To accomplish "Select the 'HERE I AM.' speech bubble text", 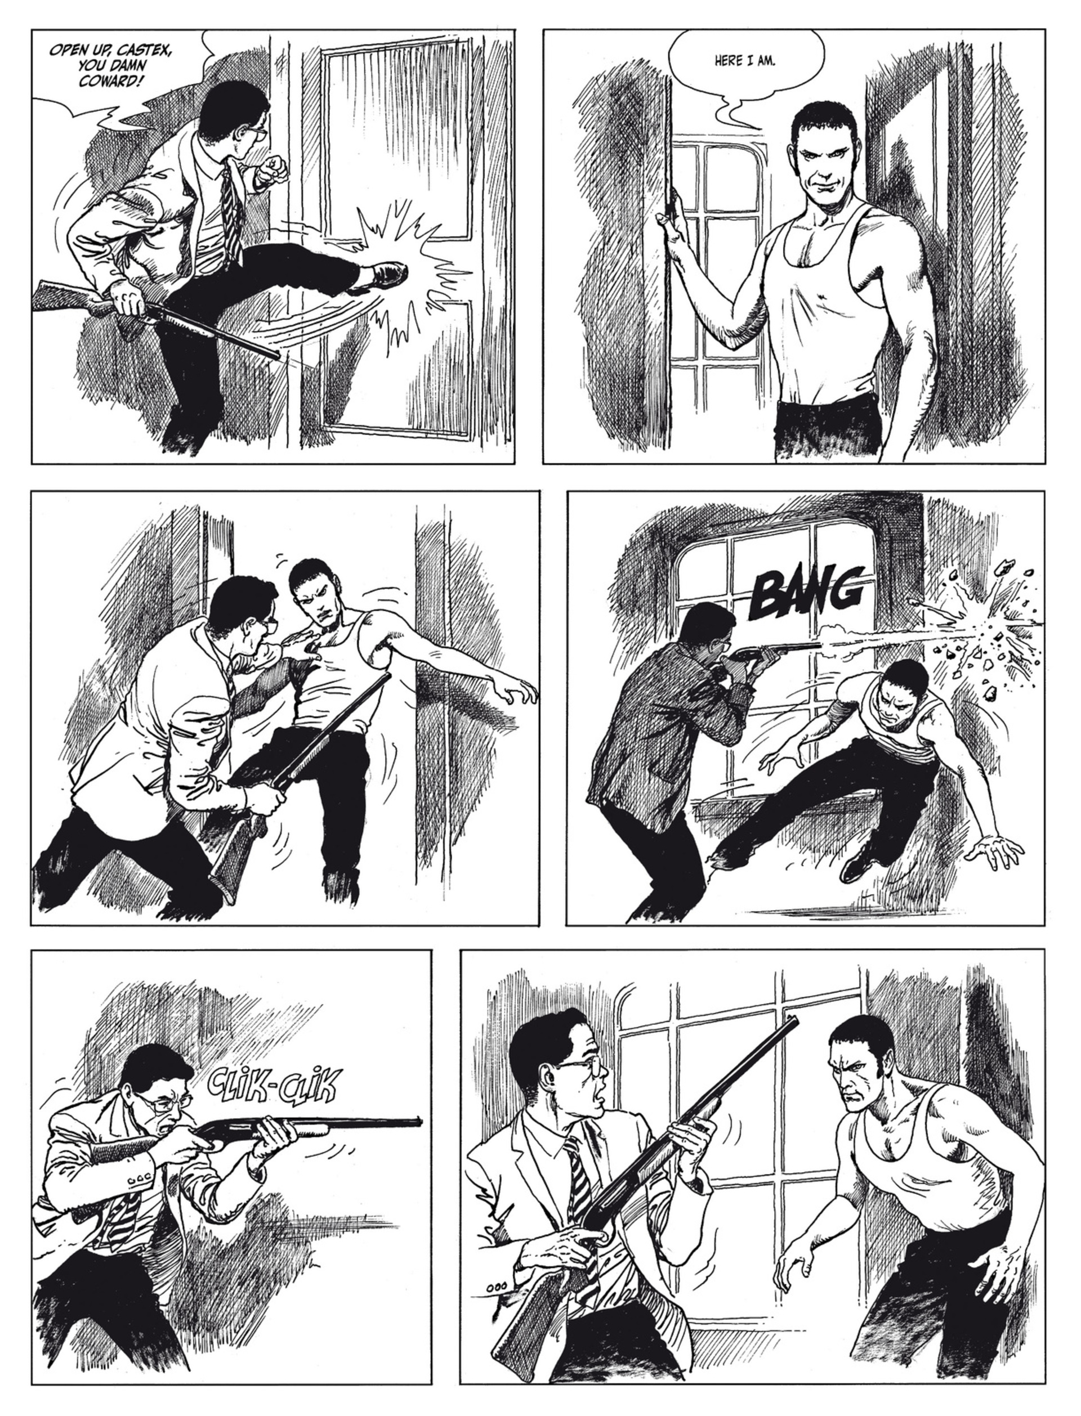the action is [x=745, y=62].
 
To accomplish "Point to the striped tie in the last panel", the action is [x=579, y=1190].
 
